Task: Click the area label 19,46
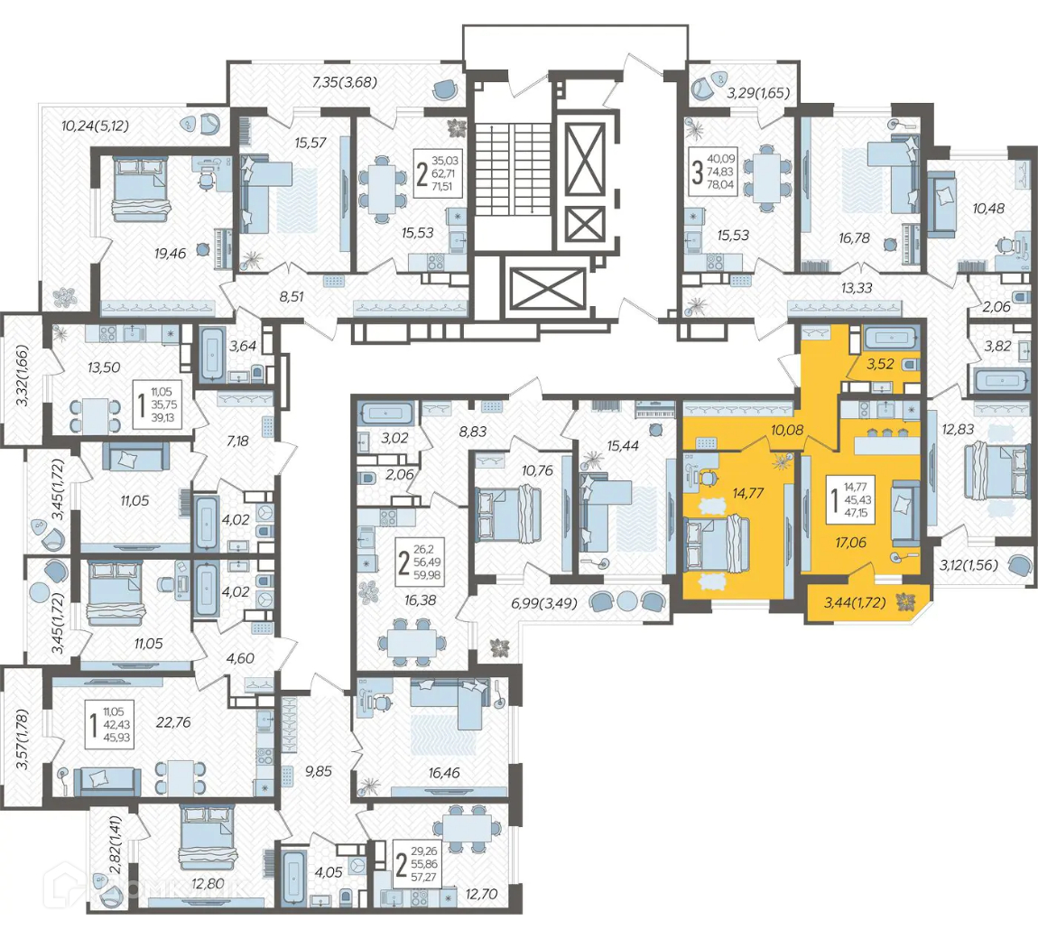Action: [170, 253]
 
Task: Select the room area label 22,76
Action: [173, 721]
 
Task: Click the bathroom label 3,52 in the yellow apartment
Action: [880, 364]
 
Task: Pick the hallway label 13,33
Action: [857, 288]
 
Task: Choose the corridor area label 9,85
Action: [319, 771]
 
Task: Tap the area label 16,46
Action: [443, 772]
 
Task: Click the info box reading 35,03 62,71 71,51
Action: [438, 173]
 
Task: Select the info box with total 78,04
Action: [713, 172]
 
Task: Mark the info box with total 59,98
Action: [420, 562]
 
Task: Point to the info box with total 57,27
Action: [417, 863]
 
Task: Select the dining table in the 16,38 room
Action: [407, 642]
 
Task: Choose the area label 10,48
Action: [988, 208]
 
